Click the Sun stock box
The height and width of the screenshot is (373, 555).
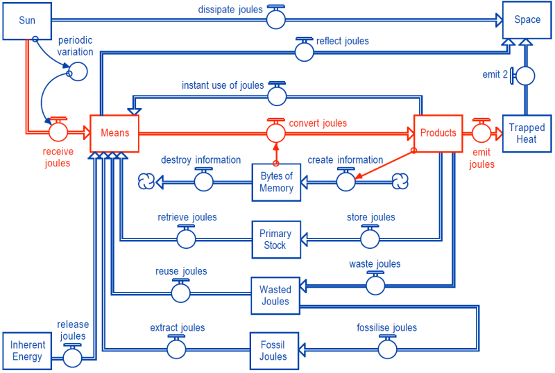(x=27, y=20)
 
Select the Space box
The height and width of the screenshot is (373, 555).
(x=527, y=20)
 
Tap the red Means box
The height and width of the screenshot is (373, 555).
(x=114, y=133)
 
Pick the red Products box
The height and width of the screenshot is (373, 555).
(x=438, y=133)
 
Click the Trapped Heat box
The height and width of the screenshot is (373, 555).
(x=527, y=133)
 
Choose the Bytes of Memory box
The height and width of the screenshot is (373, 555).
(x=276, y=182)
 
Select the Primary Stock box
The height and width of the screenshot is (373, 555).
(x=275, y=240)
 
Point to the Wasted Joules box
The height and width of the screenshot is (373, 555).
(x=275, y=295)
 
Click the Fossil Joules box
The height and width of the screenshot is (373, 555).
(x=273, y=351)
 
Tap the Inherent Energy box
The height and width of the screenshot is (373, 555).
(x=28, y=351)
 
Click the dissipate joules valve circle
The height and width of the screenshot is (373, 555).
(x=276, y=20)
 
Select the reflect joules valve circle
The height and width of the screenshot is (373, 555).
(x=304, y=51)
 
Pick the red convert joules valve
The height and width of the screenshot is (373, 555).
(x=276, y=131)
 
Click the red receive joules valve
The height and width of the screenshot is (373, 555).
(x=58, y=130)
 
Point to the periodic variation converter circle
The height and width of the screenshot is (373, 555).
(x=78, y=71)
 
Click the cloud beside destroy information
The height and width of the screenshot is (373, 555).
(x=146, y=182)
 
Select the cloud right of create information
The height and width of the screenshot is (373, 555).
(x=400, y=182)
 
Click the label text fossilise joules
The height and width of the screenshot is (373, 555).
(x=386, y=328)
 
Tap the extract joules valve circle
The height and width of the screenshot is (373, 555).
(x=177, y=349)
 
